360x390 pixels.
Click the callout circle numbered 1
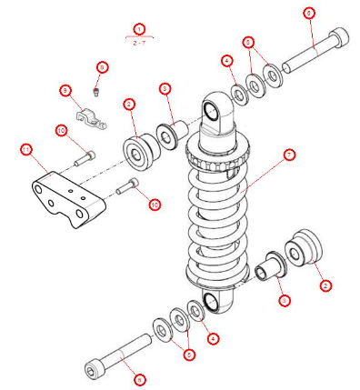point(139,29)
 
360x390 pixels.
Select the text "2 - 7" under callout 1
point(139,42)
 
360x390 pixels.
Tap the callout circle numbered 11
point(26,148)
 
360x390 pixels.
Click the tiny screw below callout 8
point(98,89)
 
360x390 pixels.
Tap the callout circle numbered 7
point(289,155)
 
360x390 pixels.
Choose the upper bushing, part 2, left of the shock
point(140,151)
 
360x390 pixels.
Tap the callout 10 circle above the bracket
point(62,132)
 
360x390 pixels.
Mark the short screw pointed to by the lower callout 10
point(126,188)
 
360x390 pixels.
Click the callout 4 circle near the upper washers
point(226,62)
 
